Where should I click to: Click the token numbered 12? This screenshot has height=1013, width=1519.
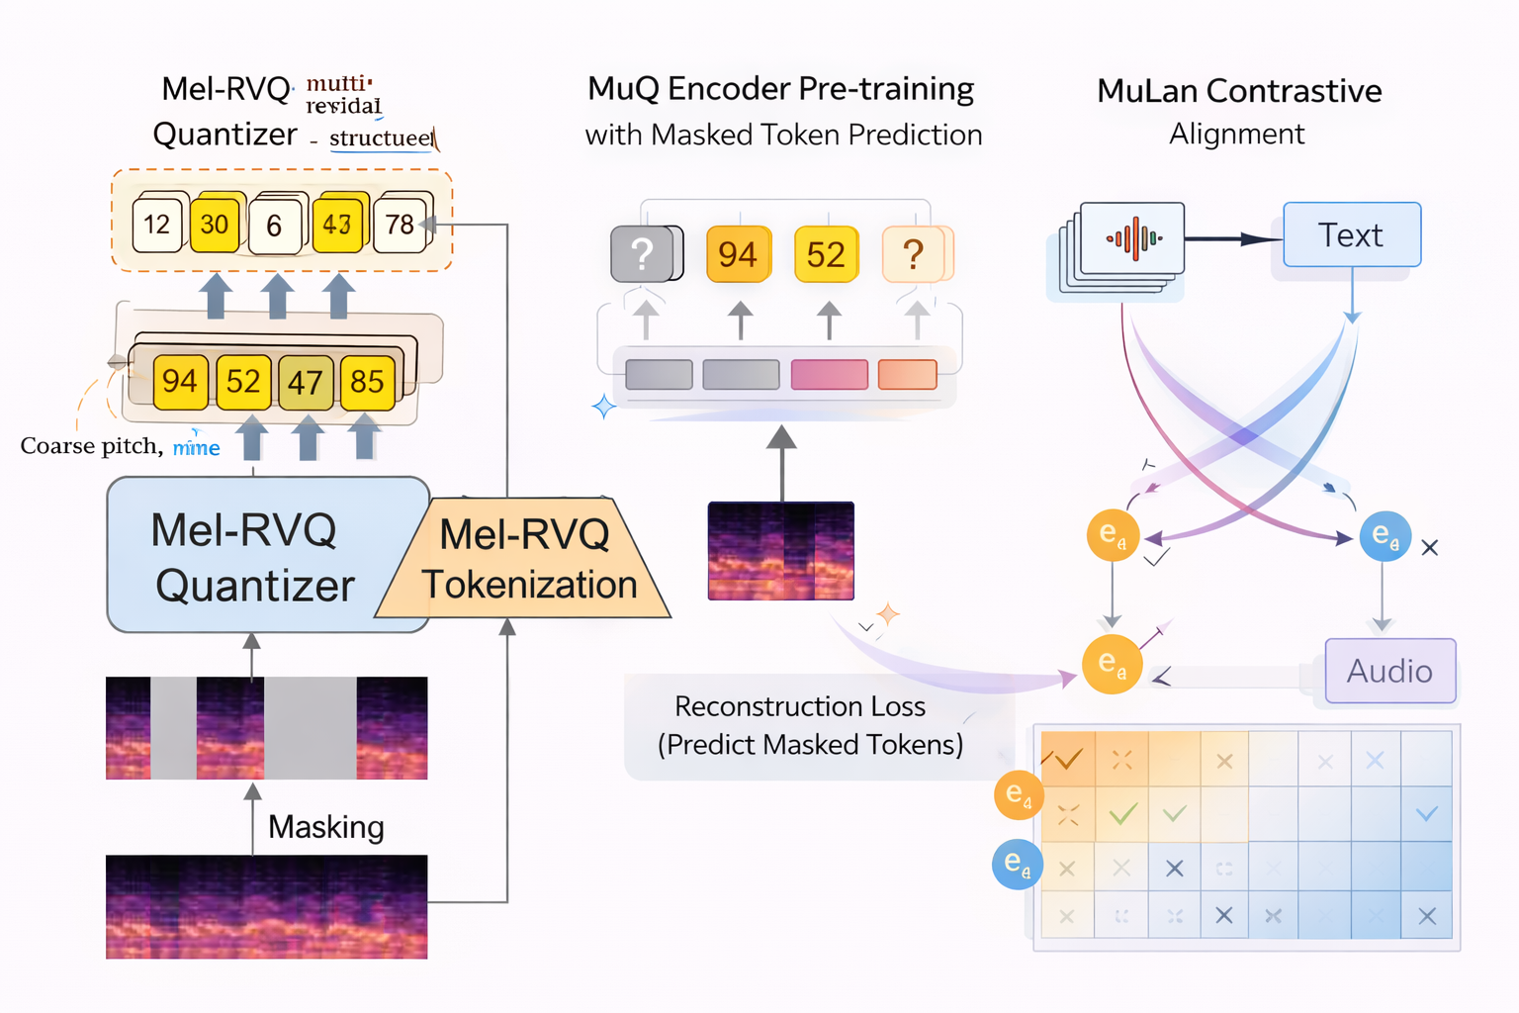157,225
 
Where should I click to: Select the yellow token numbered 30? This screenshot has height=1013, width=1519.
215,225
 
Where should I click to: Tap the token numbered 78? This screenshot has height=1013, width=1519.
401,225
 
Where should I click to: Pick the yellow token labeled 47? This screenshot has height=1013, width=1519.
306,382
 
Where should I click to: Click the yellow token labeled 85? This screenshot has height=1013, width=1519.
367,382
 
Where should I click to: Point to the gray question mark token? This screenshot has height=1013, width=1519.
644,254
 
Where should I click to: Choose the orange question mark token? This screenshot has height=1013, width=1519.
915,254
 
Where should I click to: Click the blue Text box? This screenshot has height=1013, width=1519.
1351,235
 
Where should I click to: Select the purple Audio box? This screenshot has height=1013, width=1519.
1389,671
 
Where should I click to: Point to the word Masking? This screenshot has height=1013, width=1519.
326,826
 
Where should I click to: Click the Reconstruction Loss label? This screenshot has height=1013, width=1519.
800,706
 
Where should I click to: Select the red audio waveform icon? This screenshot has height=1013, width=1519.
1133,238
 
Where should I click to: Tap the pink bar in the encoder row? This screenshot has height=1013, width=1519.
829,375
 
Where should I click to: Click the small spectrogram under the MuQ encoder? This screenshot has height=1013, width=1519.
780,551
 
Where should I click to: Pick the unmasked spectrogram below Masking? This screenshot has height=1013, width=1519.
266,906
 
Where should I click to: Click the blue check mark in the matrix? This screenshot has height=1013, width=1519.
1426,814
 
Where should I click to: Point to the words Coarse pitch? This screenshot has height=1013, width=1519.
90,446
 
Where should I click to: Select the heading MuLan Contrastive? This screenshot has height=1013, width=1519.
1239,91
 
